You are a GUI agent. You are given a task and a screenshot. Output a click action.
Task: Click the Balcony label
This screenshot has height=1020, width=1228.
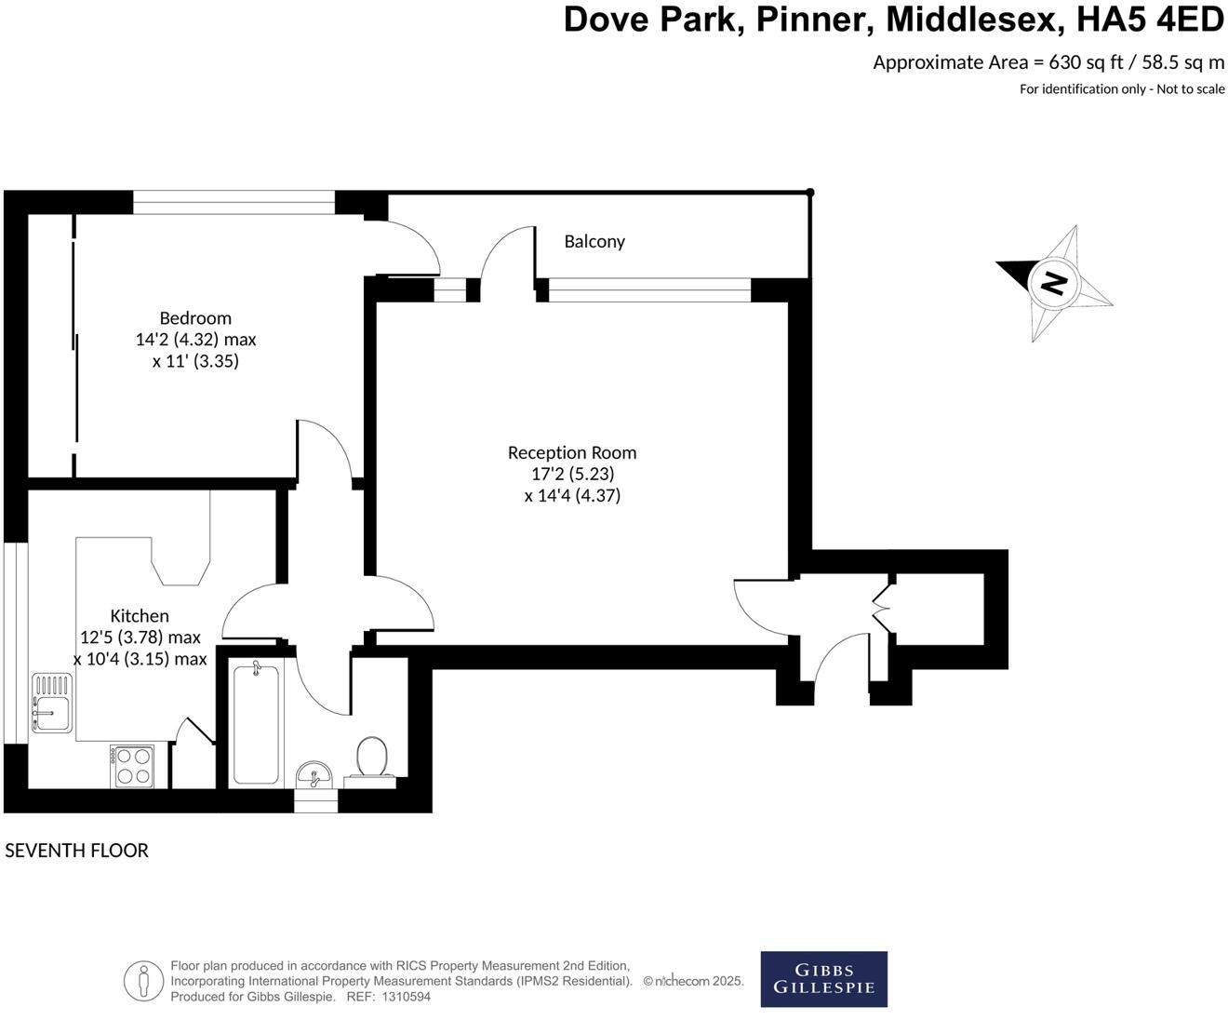pyautogui.click(x=594, y=241)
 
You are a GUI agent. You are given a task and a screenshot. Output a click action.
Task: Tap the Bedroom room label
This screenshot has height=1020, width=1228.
pyautogui.click(x=195, y=317)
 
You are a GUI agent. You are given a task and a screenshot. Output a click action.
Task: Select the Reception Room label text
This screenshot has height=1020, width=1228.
pyautogui.click(x=572, y=452)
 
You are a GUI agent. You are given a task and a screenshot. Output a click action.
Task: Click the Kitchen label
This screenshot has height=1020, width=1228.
pyautogui.click(x=140, y=615)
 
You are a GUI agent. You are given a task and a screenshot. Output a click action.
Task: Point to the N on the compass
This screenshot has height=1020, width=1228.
pyautogui.click(x=1053, y=281)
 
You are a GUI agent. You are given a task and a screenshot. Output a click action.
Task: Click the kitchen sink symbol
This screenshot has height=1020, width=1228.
pyautogui.click(x=51, y=703)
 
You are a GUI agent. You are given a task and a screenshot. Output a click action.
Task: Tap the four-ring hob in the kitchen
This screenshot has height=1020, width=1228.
pyautogui.click(x=132, y=766)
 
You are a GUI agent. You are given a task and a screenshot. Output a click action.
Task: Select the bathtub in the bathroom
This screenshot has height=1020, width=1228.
pyautogui.click(x=255, y=723)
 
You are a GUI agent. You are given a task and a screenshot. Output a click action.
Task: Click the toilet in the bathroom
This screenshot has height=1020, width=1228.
pyautogui.click(x=372, y=759)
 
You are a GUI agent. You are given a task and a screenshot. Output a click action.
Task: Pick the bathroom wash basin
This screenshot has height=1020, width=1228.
pyautogui.click(x=315, y=774)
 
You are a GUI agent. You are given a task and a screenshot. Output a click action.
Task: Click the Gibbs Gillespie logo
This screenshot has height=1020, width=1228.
pyautogui.click(x=823, y=978)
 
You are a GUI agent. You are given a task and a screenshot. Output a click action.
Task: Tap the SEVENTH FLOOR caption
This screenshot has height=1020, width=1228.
pyautogui.click(x=76, y=850)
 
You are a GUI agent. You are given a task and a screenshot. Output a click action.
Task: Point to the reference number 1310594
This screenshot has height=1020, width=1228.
pyautogui.click(x=406, y=997)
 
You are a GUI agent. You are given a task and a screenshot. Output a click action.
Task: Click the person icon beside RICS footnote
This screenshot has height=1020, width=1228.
pyautogui.click(x=143, y=980)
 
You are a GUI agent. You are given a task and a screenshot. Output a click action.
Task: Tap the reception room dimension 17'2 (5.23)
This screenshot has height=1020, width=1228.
pyautogui.click(x=572, y=474)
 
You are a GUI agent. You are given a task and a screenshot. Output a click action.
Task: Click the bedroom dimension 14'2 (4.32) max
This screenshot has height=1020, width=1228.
pyautogui.click(x=195, y=340)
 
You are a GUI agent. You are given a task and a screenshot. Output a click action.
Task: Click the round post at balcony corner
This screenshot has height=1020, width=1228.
pyautogui.click(x=810, y=193)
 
